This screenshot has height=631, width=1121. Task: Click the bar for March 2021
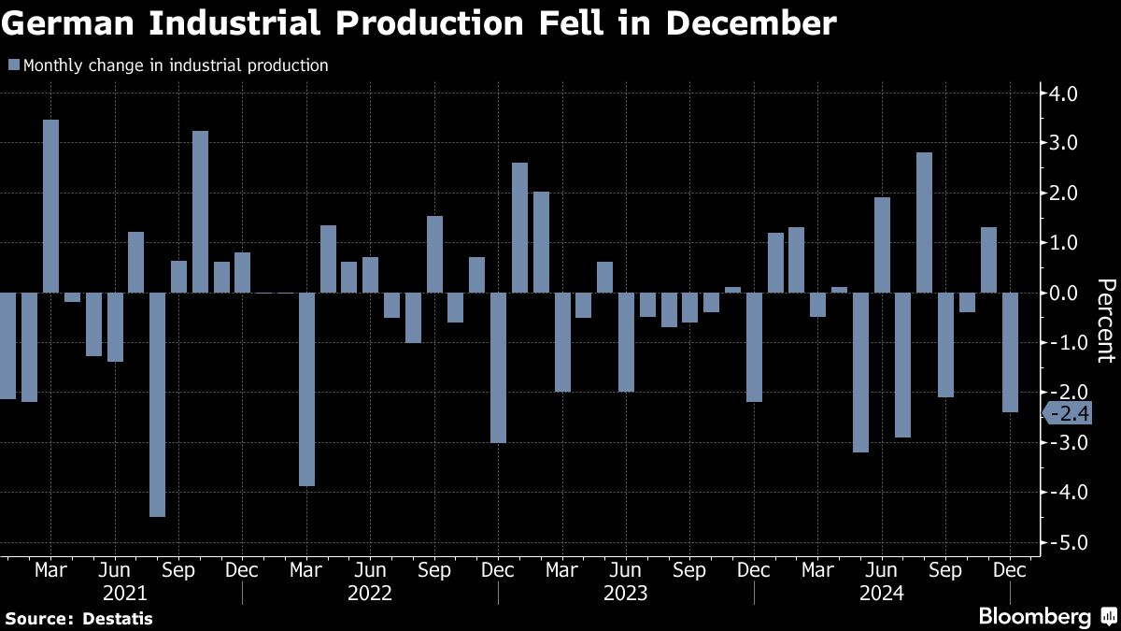(50, 206)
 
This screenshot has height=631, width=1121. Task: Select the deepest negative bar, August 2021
(157, 404)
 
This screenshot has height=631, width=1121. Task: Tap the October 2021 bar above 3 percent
(200, 211)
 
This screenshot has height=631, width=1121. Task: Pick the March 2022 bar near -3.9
(306, 389)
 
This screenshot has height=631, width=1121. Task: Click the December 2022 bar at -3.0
(499, 367)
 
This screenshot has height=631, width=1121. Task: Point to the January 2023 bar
(520, 227)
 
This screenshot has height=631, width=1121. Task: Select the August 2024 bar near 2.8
(924, 222)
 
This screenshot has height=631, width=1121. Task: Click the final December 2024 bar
(1010, 352)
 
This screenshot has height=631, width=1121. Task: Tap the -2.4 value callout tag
(1068, 413)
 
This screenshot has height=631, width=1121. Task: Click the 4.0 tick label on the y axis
(1065, 93)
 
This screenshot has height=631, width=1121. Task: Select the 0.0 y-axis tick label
(1065, 293)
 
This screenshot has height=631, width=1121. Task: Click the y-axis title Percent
(1105, 320)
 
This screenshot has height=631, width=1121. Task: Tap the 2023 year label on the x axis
(626, 592)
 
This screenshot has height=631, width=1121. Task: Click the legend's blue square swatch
(13, 65)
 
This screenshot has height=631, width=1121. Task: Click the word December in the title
(747, 23)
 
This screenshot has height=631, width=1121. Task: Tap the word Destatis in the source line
(118, 618)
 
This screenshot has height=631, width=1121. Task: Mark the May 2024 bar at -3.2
(860, 372)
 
